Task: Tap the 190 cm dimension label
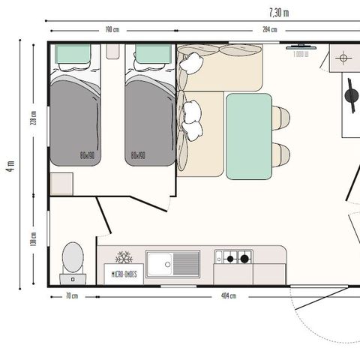point(112,30)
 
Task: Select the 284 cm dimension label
point(268,30)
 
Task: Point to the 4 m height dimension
point(10,166)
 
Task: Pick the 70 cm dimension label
point(72,296)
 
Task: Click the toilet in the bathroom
point(73,259)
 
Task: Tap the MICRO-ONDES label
point(123,274)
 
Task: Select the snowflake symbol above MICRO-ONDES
point(123,257)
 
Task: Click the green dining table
point(249,136)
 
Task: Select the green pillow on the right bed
point(152,54)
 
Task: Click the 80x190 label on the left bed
point(87,156)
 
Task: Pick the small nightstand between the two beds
point(112,51)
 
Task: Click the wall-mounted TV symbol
point(301,46)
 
